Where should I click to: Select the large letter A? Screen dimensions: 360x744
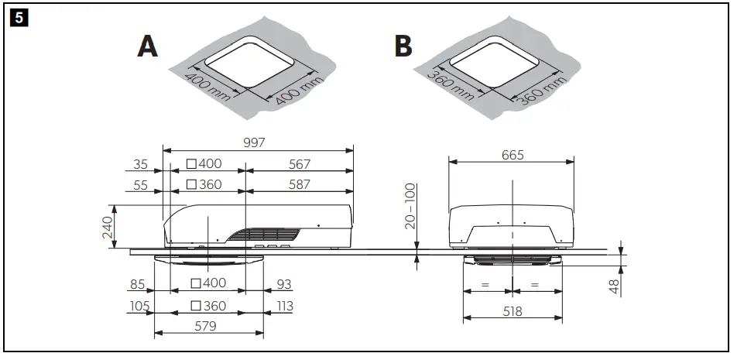(x=147, y=46)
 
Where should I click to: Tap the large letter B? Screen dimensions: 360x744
(x=403, y=46)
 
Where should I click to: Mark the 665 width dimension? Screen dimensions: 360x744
(x=512, y=155)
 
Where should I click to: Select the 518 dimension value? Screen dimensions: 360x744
(x=512, y=311)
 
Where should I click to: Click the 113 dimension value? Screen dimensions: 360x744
(x=283, y=306)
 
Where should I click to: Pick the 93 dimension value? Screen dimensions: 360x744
(x=283, y=285)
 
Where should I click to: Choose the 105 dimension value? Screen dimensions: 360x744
(x=139, y=306)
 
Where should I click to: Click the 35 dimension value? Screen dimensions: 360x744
(x=139, y=164)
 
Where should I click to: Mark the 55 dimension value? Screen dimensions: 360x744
(x=139, y=184)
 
